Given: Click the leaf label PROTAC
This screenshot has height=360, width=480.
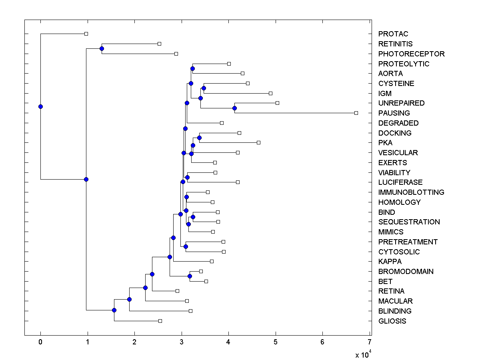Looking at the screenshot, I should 393,34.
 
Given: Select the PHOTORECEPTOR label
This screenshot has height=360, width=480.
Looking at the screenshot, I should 411,54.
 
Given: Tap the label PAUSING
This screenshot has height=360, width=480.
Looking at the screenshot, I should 394,113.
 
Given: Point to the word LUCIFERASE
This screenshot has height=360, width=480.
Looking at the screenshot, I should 400,182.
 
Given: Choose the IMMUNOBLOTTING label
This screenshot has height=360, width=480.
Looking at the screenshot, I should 411,192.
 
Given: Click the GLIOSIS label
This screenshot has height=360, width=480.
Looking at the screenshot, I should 392,321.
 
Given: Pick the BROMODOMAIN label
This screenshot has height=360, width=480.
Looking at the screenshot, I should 406,272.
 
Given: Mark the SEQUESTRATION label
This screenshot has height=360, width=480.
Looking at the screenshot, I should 409,222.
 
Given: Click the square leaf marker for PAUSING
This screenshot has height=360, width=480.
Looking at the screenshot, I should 356,113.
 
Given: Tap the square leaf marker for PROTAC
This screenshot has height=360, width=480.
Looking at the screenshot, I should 86,34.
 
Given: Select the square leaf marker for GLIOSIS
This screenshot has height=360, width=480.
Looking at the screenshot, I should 160,321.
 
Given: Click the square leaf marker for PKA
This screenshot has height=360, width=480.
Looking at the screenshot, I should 258,142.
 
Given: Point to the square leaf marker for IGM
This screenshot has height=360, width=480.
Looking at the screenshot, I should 270,93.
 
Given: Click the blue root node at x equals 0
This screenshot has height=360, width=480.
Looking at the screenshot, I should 40,106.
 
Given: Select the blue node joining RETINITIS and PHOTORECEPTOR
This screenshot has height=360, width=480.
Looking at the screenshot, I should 102,48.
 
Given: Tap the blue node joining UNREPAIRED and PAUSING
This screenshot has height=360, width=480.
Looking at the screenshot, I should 234,108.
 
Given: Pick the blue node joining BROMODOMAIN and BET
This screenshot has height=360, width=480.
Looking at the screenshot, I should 190,276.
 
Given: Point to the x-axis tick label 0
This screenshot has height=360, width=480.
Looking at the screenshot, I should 40,342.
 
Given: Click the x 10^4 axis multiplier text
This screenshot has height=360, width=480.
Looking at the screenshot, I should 364,354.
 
